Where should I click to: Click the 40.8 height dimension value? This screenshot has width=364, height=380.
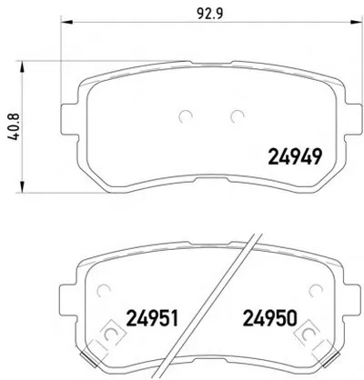[13, 126]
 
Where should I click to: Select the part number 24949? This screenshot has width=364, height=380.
[295, 156]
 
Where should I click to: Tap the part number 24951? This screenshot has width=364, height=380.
[153, 318]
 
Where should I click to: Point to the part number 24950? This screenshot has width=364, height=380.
[270, 318]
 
